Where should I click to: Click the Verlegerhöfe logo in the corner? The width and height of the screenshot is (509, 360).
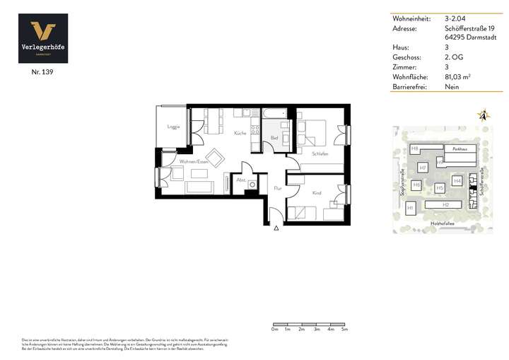point(43,38)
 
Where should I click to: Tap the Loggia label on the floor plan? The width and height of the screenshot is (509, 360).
point(173,127)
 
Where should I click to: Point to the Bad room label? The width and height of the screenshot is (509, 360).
point(274,138)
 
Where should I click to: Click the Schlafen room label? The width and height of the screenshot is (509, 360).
point(320,153)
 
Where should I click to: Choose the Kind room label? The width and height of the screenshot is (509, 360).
point(316,192)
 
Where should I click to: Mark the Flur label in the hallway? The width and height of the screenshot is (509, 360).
point(278,188)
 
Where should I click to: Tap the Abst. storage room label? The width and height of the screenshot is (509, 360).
point(240,180)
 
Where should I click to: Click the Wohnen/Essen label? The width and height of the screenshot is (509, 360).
point(192,162)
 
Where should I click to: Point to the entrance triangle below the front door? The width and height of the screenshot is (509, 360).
point(276,227)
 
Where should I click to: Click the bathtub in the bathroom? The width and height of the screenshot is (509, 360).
point(274,113)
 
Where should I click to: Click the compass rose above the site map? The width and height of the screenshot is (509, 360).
point(484,115)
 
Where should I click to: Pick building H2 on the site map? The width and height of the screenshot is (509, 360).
point(445,205)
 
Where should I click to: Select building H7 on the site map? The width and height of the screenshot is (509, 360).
point(422,168)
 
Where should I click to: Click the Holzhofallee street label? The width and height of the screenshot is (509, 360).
point(442,224)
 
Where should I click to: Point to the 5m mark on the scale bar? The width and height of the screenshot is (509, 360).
point(344,330)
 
